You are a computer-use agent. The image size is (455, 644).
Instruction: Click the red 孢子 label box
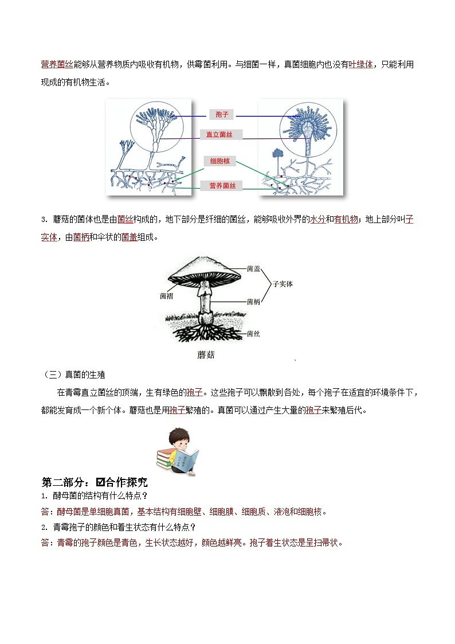(222, 115)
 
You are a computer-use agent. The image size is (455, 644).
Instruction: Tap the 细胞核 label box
(219, 162)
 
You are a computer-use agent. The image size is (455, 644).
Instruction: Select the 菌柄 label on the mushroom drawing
(254, 301)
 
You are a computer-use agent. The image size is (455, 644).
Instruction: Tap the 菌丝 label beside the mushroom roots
(254, 333)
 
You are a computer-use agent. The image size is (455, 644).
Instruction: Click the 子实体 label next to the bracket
(283, 284)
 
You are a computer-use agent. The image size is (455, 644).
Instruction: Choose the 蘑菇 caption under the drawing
(206, 355)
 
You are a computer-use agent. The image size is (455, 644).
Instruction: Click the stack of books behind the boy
(164, 459)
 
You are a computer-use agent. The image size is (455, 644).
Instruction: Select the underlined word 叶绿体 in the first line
(361, 65)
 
